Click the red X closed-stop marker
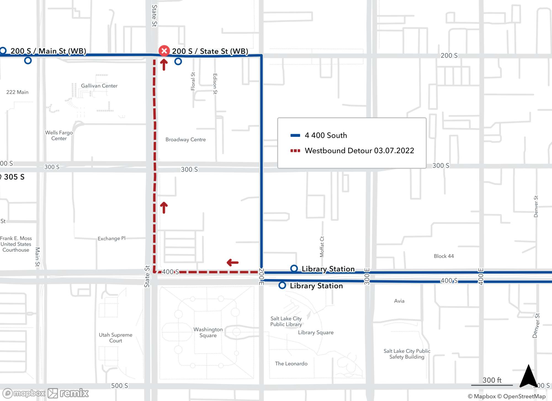(164, 51)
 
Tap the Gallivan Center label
(99, 86)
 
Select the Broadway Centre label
(185, 140)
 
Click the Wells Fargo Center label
(59, 135)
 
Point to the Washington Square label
(208, 332)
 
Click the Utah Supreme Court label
(116, 338)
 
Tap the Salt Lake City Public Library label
(286, 321)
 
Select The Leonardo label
(291, 363)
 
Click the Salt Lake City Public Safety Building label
(407, 354)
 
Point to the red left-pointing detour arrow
(232, 262)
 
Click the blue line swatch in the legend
(295, 135)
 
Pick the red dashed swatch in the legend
(295, 151)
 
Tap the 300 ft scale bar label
(492, 380)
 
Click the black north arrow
(528, 376)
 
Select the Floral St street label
(193, 81)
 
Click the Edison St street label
(215, 84)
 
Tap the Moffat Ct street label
(322, 247)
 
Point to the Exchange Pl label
(112, 238)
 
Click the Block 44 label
(444, 256)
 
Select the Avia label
(399, 301)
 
